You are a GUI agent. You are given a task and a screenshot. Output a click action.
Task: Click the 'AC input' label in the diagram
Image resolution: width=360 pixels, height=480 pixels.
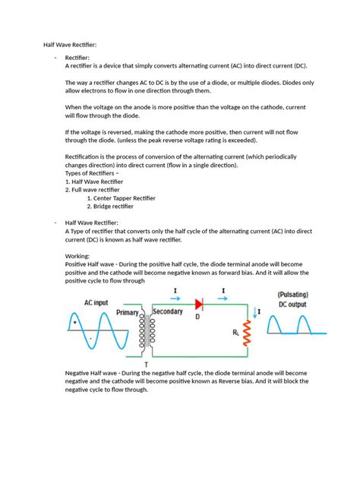click(x=100, y=302)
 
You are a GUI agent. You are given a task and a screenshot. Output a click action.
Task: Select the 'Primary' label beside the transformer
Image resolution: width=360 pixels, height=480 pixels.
click(x=128, y=312)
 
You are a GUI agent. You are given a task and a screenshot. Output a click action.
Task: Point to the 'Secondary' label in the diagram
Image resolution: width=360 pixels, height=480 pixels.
click(x=169, y=312)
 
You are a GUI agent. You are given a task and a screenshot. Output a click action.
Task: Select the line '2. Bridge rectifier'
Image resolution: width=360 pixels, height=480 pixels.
click(x=110, y=206)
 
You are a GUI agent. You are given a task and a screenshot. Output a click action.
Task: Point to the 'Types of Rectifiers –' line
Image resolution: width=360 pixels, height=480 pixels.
click(x=92, y=173)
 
